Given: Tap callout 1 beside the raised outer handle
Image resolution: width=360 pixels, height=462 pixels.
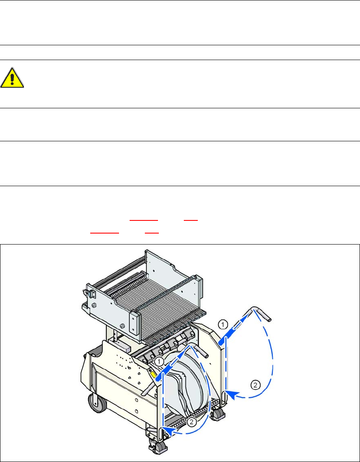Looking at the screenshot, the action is (223, 324).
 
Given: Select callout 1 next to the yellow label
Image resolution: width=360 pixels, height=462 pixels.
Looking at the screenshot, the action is (159, 360).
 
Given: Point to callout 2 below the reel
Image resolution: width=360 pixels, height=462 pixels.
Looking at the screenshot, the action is (191, 422).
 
